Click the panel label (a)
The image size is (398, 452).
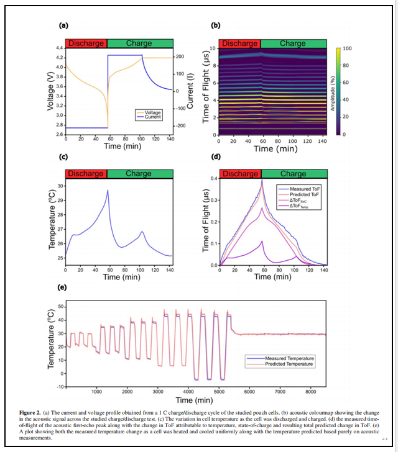tap(63, 25)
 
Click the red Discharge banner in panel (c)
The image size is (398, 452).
tap(85, 174)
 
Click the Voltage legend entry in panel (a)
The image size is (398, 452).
tap(152, 112)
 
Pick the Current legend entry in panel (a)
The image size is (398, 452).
tap(152, 117)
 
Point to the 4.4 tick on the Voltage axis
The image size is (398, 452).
tap(58, 48)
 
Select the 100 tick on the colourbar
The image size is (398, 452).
tap(347, 48)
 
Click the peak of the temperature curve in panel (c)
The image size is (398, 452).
tap(108, 191)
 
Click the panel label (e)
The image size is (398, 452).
tap(63, 288)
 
